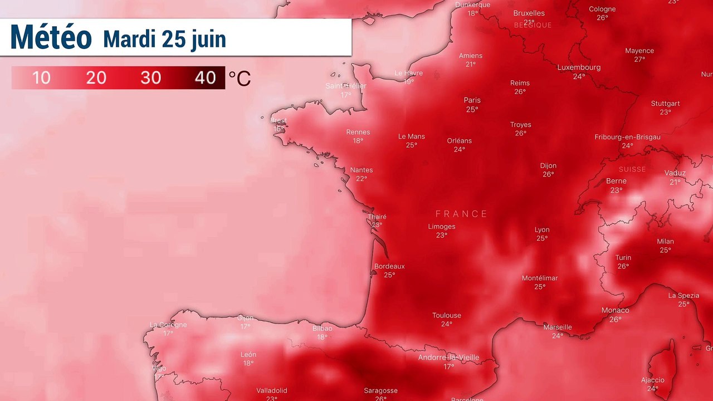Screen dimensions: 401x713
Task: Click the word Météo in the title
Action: (51, 37)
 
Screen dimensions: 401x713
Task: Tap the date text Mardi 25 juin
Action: (164, 39)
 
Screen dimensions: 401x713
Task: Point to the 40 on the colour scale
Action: (205, 77)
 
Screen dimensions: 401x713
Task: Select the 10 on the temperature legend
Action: (41, 77)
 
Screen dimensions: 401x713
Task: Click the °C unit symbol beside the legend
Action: (240, 79)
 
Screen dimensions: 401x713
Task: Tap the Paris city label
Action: (472, 100)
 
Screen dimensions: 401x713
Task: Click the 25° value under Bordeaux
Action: (389, 275)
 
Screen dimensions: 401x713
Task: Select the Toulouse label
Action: (446, 315)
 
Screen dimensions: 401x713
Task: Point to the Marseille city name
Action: (558, 327)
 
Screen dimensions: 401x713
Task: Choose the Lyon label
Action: (541, 229)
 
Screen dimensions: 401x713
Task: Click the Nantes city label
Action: (362, 170)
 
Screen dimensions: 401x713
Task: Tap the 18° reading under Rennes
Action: (358, 141)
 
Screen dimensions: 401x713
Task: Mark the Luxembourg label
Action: (579, 67)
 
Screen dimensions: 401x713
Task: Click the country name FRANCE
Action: (461, 214)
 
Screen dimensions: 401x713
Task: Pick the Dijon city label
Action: (548, 165)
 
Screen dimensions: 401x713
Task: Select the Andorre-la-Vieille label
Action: (448, 358)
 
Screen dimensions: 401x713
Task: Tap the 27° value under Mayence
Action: (639, 60)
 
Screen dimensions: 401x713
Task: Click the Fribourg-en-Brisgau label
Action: (627, 137)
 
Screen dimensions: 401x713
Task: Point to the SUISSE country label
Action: (632, 169)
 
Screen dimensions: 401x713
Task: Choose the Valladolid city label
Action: (271, 390)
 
